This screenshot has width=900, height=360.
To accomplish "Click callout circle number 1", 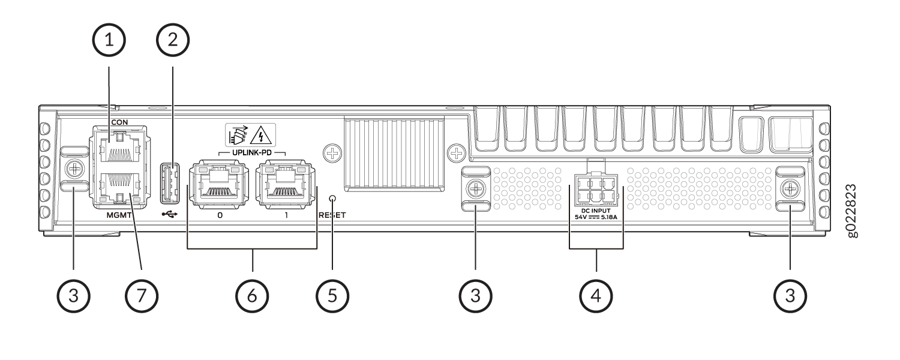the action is click(109, 40).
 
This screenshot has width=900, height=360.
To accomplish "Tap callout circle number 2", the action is click(173, 40).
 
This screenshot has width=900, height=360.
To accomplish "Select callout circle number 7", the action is click(142, 296).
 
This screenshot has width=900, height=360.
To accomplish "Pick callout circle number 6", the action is click(252, 296).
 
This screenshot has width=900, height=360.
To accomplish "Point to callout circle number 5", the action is click(332, 296).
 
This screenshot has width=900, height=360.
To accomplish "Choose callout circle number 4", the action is click(596, 296).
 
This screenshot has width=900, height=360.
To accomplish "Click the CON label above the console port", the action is click(120, 122).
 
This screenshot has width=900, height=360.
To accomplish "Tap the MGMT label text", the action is click(119, 215).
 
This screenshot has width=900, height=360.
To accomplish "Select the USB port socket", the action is click(170, 183).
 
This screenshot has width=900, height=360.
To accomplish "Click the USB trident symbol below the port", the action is click(169, 215).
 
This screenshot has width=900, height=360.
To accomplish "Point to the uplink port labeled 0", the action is click(219, 184).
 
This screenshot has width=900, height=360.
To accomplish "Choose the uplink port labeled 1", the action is click(286, 184).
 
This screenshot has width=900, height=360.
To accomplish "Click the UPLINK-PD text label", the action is click(252, 153).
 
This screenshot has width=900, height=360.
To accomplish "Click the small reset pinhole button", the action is click(332, 198).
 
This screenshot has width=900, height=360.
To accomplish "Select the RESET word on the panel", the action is click(332, 215).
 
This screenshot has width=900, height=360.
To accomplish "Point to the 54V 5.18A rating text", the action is click(596, 217).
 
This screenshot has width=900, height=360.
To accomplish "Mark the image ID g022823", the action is click(852, 211).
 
